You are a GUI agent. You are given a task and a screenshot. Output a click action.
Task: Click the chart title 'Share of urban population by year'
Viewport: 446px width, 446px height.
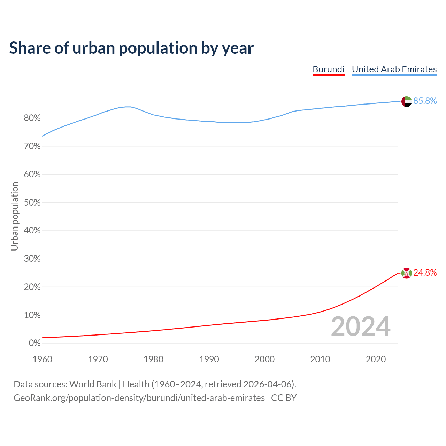click(x=131, y=48)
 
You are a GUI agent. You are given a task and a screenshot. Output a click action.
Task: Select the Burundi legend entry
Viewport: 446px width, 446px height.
click(x=328, y=69)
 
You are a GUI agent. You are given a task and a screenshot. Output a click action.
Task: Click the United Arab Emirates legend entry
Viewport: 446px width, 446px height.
click(x=394, y=69)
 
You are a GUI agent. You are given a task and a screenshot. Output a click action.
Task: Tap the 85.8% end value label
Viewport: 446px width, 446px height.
click(x=425, y=101)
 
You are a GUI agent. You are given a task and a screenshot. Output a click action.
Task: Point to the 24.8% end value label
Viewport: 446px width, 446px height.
click(x=425, y=273)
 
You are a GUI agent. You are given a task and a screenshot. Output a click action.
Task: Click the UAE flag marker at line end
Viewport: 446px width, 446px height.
click(x=406, y=101)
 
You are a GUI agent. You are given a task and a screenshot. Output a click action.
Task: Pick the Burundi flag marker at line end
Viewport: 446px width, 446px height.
click(x=406, y=273)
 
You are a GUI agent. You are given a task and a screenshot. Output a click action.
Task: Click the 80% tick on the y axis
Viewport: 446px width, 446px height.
click(x=32, y=118)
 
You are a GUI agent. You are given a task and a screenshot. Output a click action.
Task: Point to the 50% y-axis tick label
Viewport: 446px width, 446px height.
click(x=32, y=203)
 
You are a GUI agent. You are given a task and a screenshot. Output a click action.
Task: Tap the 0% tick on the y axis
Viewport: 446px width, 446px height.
click(x=35, y=344)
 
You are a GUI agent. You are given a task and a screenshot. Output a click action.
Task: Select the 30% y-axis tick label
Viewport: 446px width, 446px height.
click(x=32, y=259)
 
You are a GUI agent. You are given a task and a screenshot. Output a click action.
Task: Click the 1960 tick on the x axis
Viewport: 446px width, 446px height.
click(x=42, y=359)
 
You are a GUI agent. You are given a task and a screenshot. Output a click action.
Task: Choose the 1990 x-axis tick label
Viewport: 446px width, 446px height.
click(x=209, y=359)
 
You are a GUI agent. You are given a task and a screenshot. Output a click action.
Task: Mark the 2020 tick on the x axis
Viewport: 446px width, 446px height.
click(x=376, y=359)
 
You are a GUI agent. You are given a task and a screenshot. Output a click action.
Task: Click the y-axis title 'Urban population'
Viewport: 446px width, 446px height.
click(x=15, y=216)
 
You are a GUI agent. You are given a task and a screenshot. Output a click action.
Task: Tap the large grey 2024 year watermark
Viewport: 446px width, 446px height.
click(x=361, y=326)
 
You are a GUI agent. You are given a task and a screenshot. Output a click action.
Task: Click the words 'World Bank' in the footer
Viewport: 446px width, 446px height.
click(x=93, y=384)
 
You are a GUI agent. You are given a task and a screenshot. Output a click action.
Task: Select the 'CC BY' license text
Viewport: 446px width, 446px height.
click(x=284, y=398)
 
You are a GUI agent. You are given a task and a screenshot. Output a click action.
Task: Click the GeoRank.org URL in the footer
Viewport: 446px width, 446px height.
click(x=139, y=398)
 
